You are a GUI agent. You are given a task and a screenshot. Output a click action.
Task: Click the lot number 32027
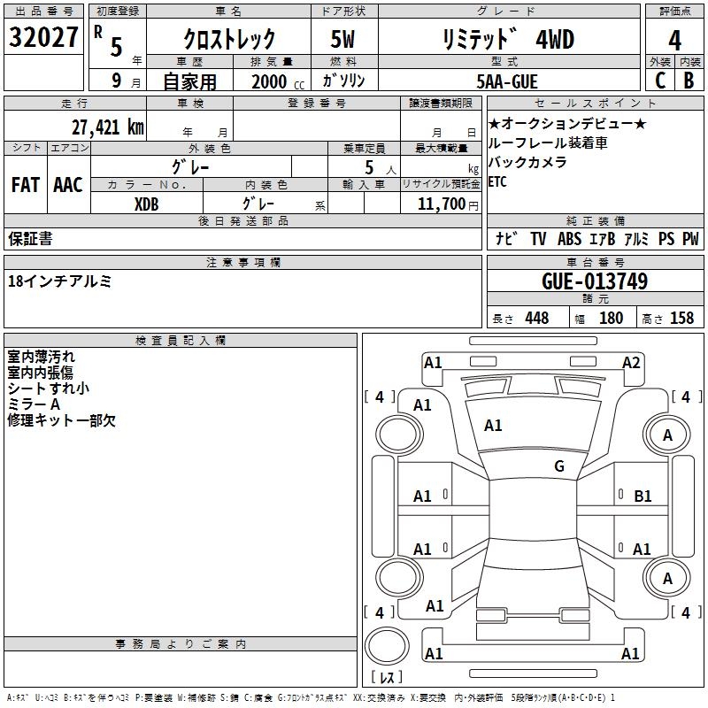tap(43, 37)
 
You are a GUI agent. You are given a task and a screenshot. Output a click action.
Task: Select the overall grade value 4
tap(674, 41)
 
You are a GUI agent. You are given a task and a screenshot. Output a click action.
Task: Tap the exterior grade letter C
tap(660, 81)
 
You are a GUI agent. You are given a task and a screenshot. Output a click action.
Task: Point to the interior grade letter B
tap(689, 81)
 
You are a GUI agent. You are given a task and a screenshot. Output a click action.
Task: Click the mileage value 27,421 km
tap(107, 127)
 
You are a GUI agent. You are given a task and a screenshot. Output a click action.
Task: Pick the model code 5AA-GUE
tap(507, 81)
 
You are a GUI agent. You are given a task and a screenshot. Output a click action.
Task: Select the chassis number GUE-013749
tap(595, 281)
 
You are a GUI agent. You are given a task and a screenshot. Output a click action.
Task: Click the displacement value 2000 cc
tap(278, 81)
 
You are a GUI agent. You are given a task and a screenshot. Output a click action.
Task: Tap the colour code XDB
tap(146, 204)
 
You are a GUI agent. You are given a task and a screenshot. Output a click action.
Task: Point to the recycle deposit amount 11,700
tap(441, 204)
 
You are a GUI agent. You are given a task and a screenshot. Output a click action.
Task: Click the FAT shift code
tap(26, 185)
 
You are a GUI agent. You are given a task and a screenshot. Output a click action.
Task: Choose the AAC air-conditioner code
tap(68, 185)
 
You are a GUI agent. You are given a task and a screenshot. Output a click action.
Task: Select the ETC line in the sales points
tap(497, 182)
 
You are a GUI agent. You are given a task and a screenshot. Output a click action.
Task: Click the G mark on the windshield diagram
tap(559, 466)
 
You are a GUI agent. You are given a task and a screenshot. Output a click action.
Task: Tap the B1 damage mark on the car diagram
tap(643, 496)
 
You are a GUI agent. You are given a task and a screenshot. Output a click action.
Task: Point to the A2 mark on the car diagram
tap(631, 363)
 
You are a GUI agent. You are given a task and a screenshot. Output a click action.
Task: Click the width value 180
tap(611, 318)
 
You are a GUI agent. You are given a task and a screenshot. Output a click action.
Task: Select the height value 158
tap(681, 318)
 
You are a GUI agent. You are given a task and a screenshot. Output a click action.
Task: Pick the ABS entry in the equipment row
tap(569, 239)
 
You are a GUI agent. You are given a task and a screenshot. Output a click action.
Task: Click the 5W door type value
tap(342, 39)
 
